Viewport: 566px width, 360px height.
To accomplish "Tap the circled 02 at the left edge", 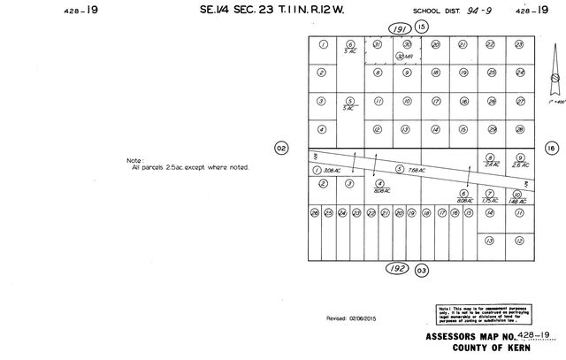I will coord(281,148).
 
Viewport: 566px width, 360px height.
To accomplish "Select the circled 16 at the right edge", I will coord(552,148).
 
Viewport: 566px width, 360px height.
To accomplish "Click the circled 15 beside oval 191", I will coord(422,27).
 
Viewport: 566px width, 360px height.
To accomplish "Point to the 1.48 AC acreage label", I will coord(518,201).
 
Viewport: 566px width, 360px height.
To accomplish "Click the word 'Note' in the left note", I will coord(135,160).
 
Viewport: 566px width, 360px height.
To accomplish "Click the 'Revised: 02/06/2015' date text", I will coord(351,318).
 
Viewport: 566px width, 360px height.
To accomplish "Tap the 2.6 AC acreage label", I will coord(519,165).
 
